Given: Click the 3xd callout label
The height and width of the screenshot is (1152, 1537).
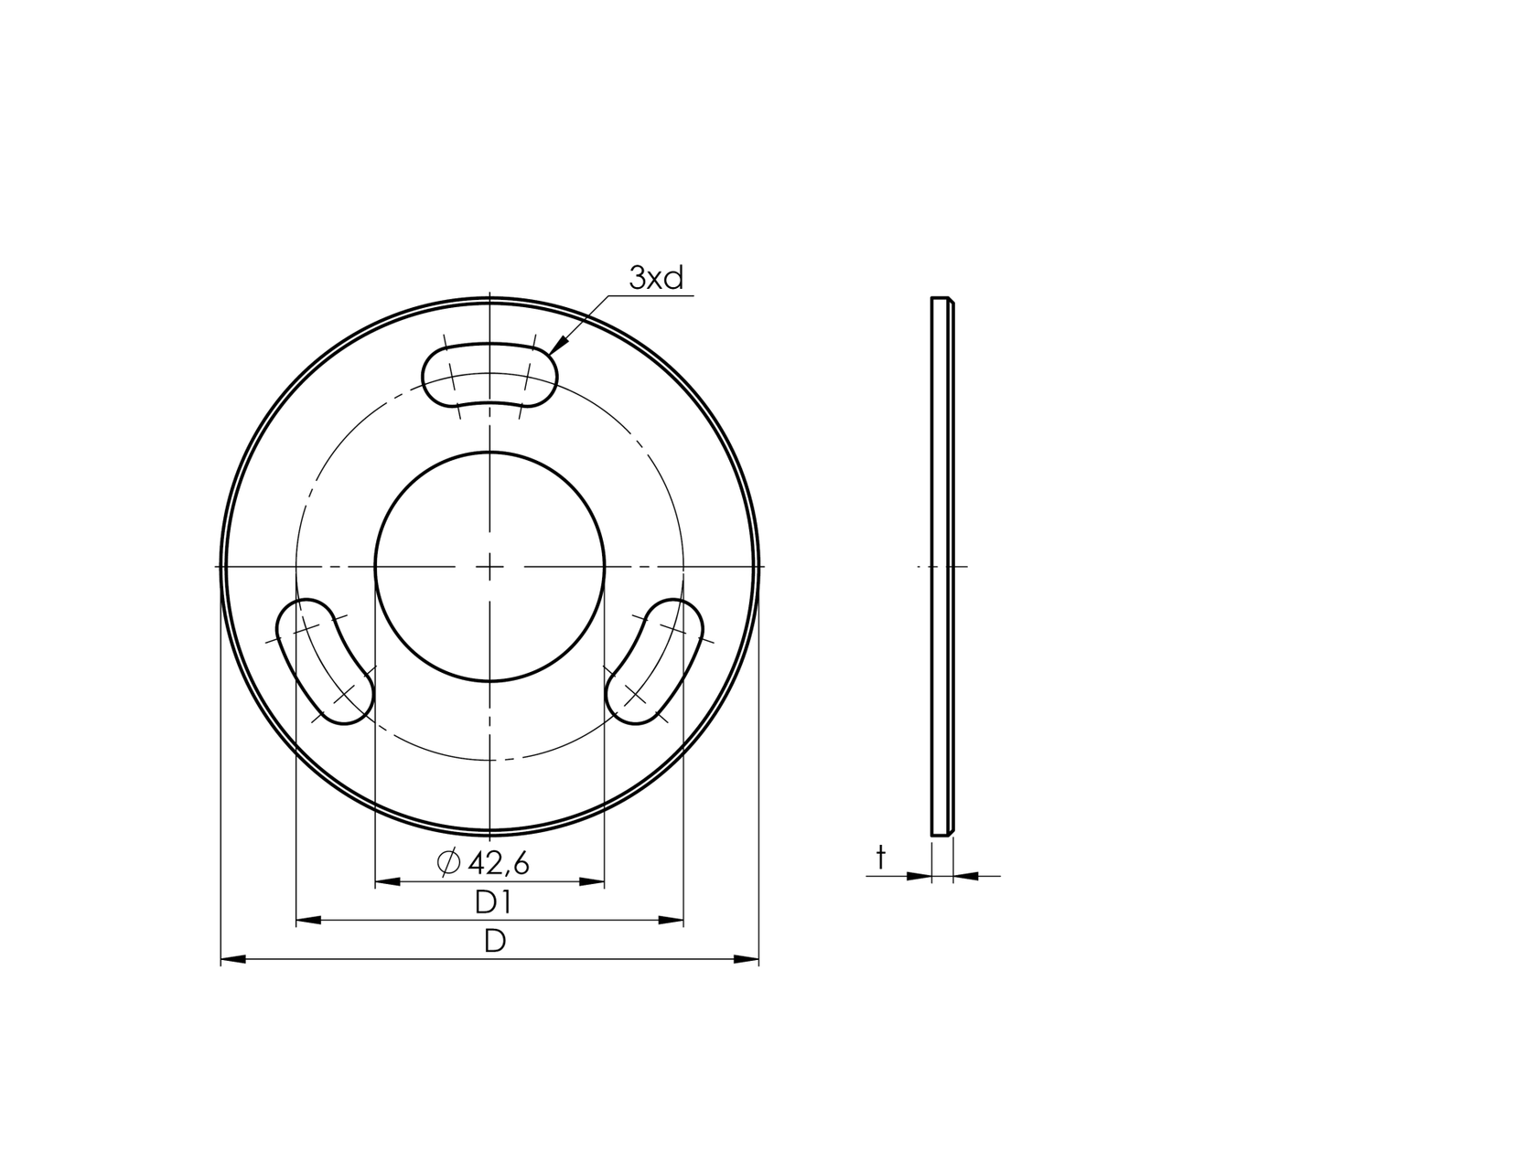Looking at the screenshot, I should [x=656, y=278].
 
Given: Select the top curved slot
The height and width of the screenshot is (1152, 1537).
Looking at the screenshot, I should [x=489, y=374].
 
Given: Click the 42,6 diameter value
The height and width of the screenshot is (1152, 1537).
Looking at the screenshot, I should [x=499, y=862].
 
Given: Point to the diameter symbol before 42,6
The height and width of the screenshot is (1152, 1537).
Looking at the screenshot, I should [x=448, y=862].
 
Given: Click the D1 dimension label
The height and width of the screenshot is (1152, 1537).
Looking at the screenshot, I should [x=492, y=903].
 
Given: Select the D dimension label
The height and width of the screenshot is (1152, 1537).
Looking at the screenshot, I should [x=494, y=942].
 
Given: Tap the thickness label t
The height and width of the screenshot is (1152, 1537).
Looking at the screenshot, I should [x=881, y=858].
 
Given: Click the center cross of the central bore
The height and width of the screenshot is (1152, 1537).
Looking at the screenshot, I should [x=490, y=567].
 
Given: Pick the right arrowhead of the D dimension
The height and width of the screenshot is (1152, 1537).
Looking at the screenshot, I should [x=748, y=959].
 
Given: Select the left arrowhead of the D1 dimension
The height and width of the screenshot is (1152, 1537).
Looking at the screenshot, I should [x=307, y=921].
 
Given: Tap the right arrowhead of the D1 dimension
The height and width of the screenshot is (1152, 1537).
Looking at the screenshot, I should [x=672, y=921].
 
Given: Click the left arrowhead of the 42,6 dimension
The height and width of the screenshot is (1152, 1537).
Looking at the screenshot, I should [x=387, y=882].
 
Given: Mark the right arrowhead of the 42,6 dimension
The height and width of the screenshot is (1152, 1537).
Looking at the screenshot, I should [x=593, y=882].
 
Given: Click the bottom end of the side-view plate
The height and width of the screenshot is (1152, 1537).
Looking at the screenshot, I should [x=940, y=834].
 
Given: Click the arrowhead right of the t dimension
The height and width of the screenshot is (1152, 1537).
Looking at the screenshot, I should [x=966, y=876].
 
